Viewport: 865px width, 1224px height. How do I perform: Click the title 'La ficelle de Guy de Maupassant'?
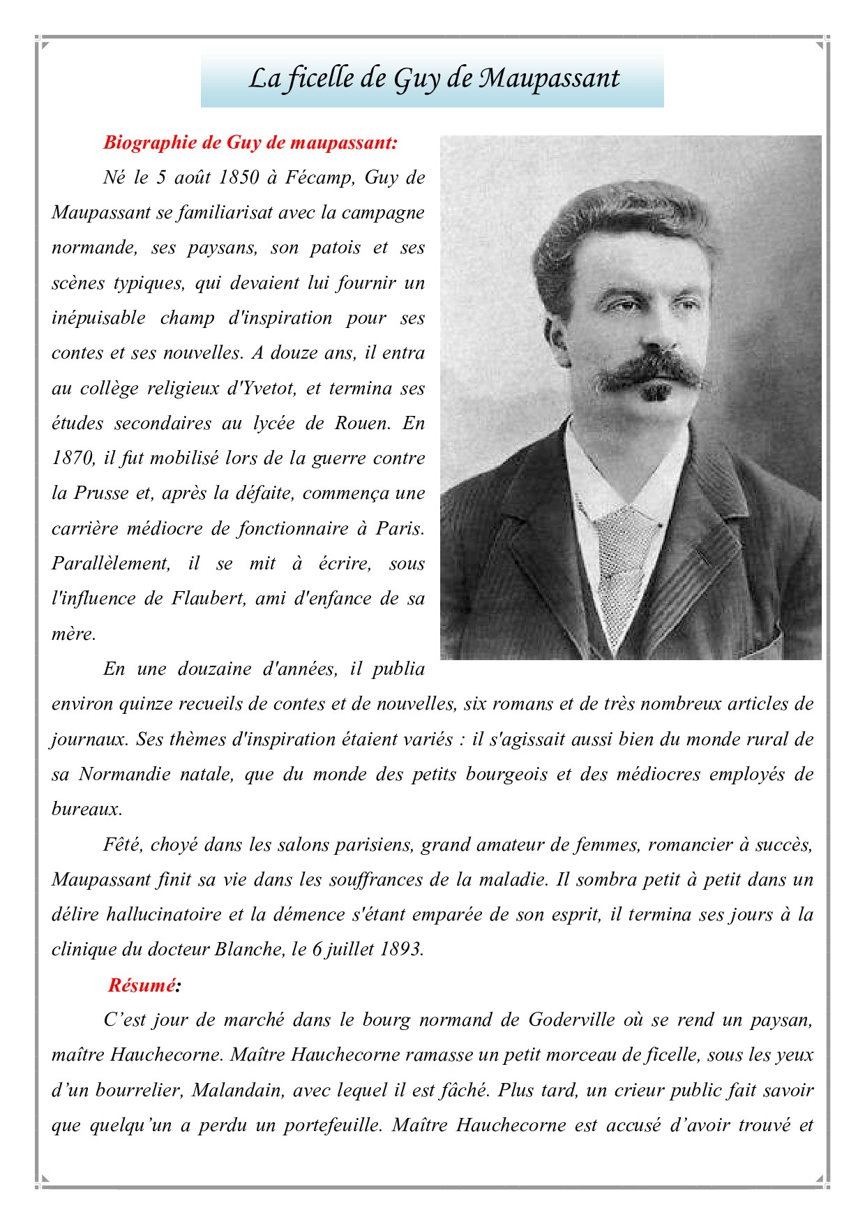433,79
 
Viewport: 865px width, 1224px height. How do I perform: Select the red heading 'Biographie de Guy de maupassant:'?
250,143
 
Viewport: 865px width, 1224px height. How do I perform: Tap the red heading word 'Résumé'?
142,985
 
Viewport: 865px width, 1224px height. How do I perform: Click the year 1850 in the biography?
239,178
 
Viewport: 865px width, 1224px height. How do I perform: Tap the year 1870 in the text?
73,458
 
